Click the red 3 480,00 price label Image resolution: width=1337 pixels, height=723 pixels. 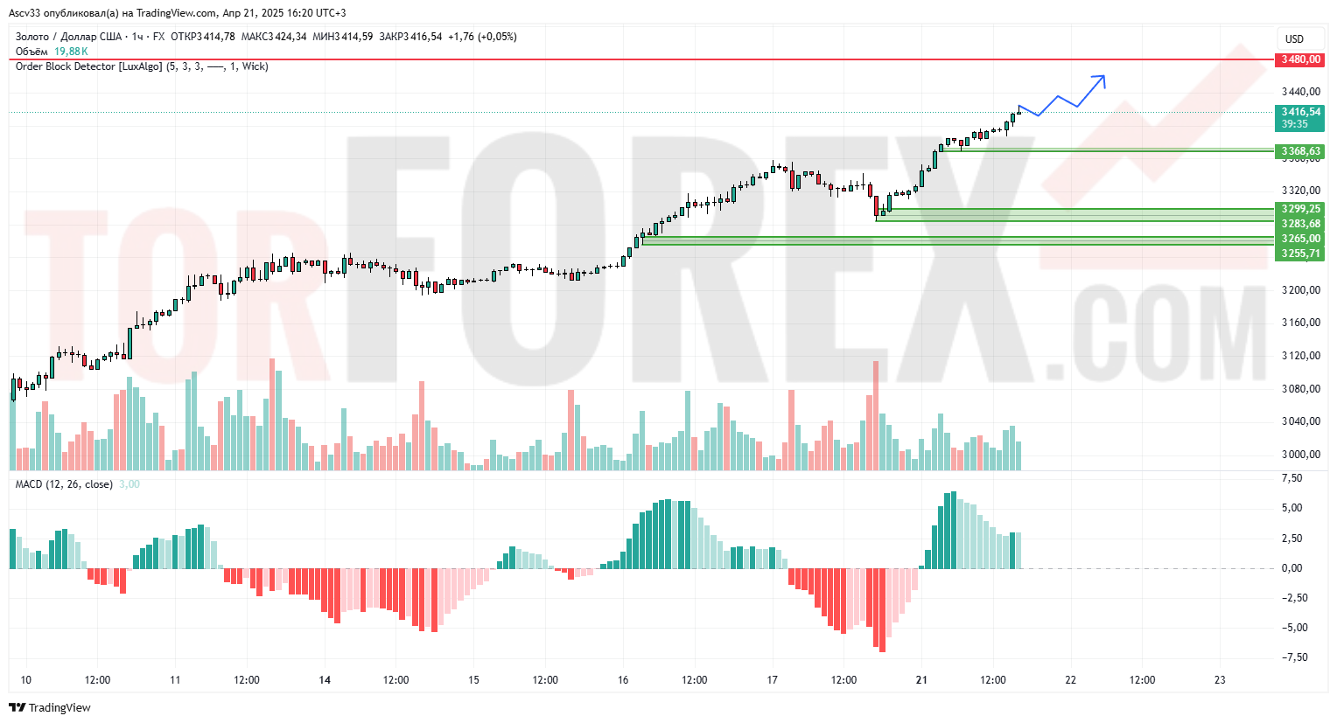[1299, 59]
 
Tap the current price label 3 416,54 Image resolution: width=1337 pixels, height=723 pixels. [1300, 112]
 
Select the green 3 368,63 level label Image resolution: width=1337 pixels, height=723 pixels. [1300, 151]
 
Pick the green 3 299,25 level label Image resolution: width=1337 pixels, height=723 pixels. [1300, 209]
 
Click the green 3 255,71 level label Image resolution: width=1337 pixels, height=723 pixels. [1300, 254]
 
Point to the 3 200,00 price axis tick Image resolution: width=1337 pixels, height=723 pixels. [1300, 290]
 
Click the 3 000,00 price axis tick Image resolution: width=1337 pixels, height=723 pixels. [1300, 455]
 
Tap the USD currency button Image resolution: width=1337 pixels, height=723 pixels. [1294, 39]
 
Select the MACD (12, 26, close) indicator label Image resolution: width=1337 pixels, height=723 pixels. [64, 484]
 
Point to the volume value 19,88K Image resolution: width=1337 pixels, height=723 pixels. [71, 52]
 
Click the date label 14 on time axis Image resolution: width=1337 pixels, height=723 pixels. [325, 680]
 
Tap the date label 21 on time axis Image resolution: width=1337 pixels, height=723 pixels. [921, 680]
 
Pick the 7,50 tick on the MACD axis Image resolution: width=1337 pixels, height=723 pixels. [1291, 478]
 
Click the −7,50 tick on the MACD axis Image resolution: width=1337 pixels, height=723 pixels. [1294, 657]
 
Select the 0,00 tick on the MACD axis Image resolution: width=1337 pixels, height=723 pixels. [1291, 568]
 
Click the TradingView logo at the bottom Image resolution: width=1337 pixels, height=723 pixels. [50, 707]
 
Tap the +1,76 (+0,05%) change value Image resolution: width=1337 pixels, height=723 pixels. [482, 37]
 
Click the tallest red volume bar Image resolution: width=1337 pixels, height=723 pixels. [875, 415]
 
